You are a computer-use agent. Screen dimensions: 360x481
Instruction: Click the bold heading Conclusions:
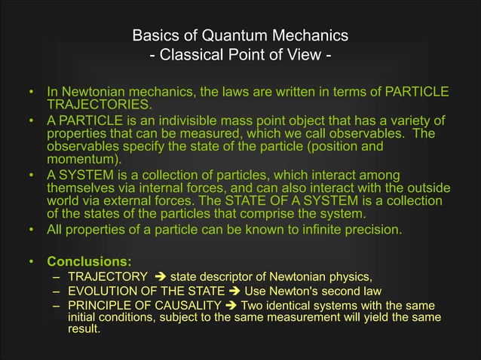90,262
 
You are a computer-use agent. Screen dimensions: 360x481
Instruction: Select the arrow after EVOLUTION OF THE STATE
233,291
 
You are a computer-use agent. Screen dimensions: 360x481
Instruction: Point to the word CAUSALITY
187,305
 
